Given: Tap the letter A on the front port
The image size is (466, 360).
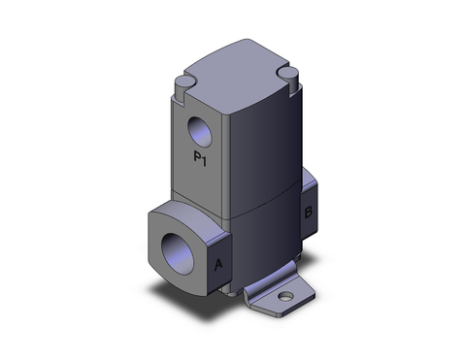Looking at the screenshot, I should click(218, 262).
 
